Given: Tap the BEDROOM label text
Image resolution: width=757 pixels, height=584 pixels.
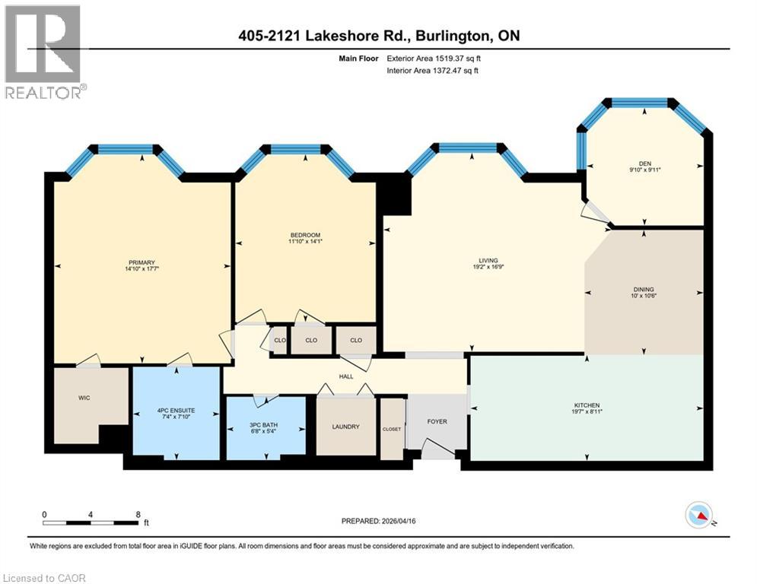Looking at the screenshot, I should (x=304, y=234).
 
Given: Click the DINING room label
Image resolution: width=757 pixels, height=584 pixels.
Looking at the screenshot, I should (x=644, y=289).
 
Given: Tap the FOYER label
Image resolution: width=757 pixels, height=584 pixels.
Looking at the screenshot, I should (x=437, y=421).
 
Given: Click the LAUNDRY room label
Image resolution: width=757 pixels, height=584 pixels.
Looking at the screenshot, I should (x=345, y=427).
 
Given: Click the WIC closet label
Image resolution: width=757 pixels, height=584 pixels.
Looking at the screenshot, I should (x=84, y=397).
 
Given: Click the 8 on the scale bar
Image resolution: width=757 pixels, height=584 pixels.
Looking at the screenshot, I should (x=138, y=514).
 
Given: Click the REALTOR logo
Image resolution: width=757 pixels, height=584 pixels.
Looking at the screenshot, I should (x=43, y=52).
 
